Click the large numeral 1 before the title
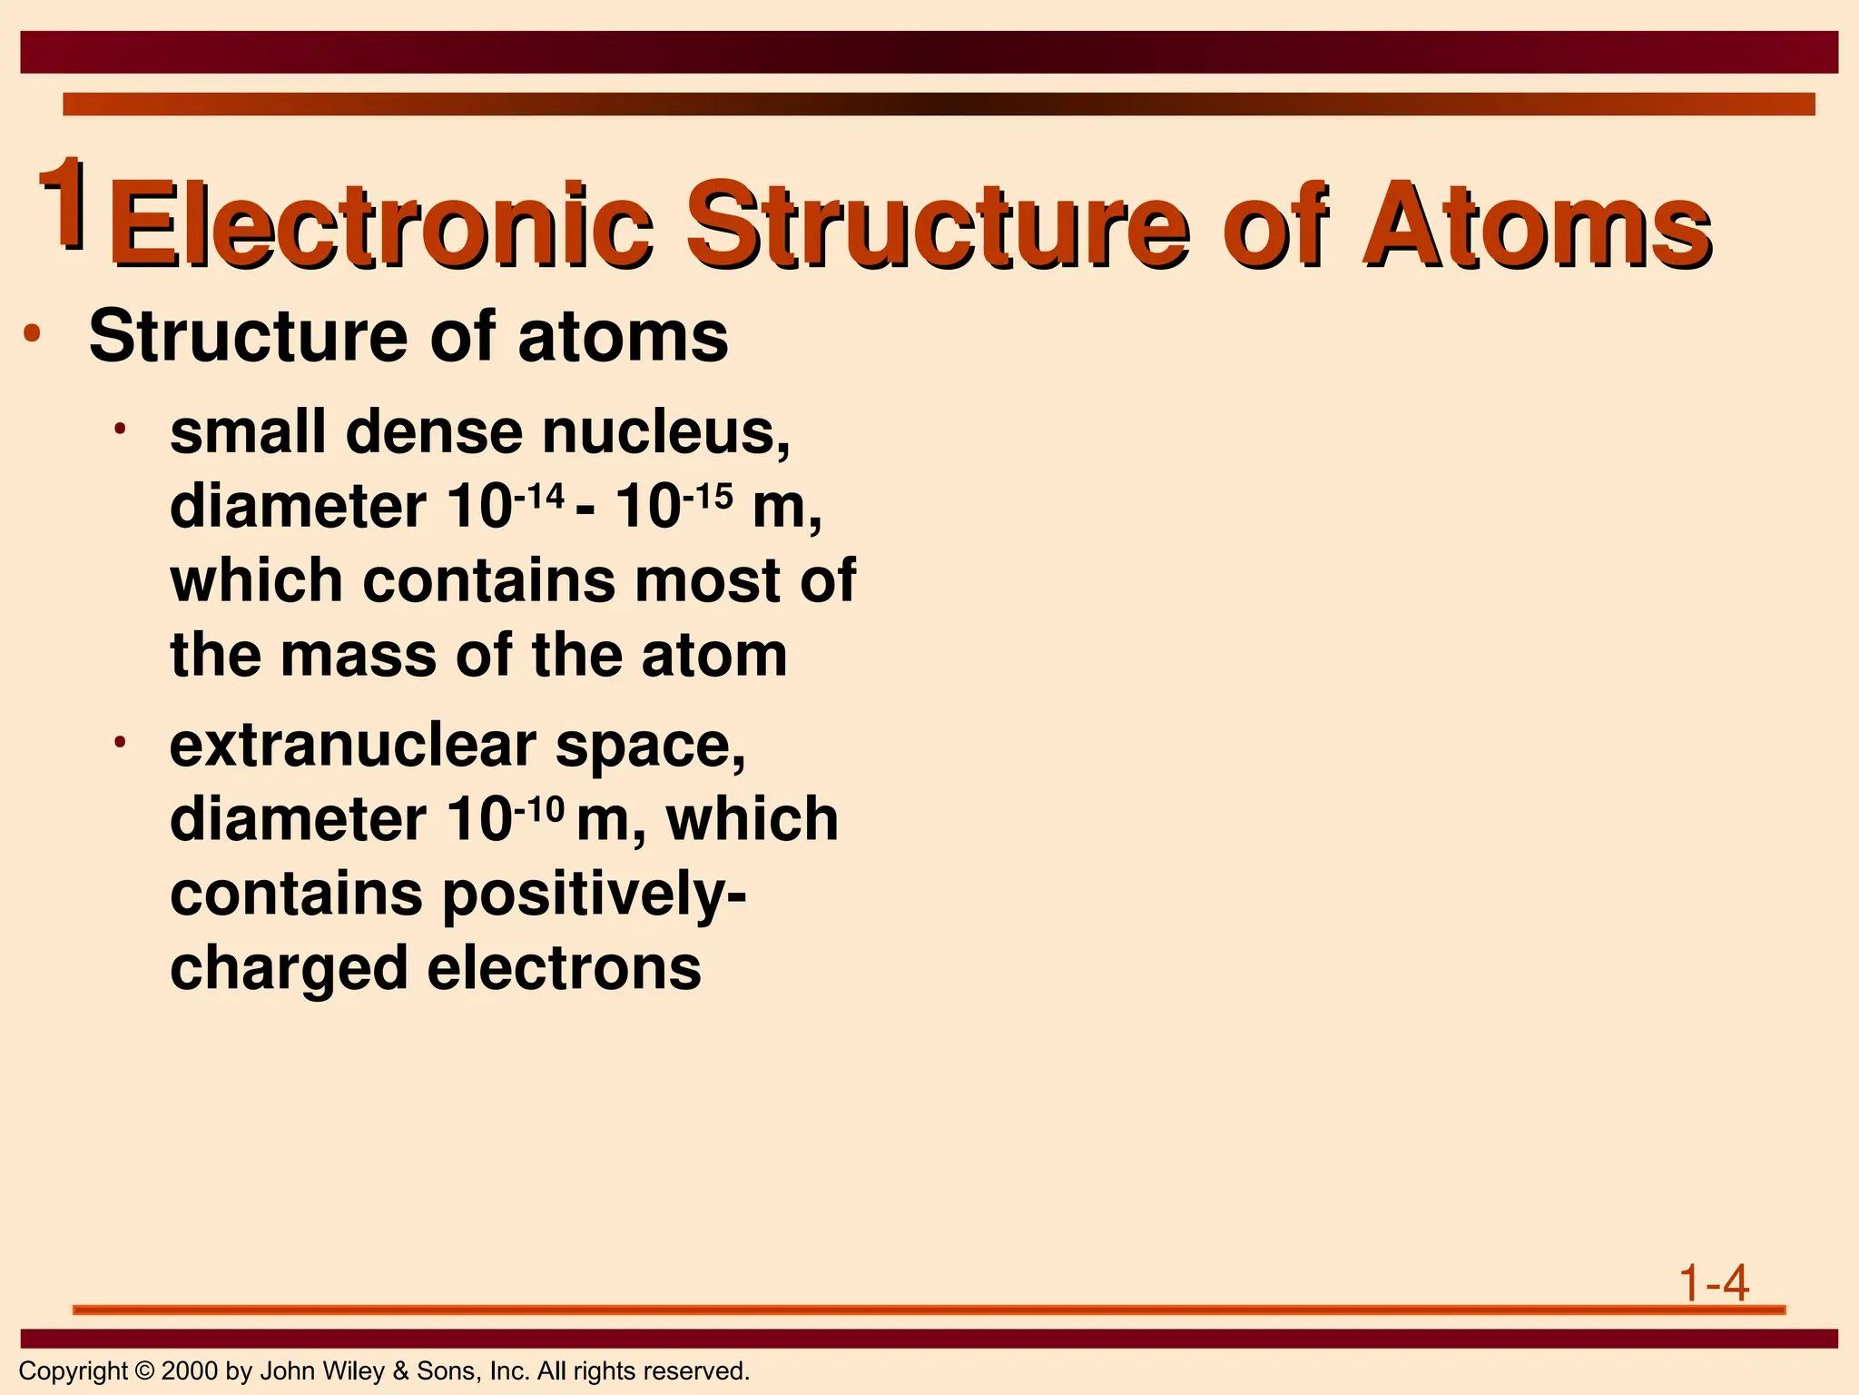[64, 202]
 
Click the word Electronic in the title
[381, 224]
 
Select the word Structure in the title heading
[936, 224]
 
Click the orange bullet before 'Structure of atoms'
[33, 334]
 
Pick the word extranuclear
[353, 747]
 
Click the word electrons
[564, 968]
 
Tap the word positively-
[595, 895]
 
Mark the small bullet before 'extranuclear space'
[119, 742]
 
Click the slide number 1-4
[1713, 1284]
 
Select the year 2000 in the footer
[189, 1371]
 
